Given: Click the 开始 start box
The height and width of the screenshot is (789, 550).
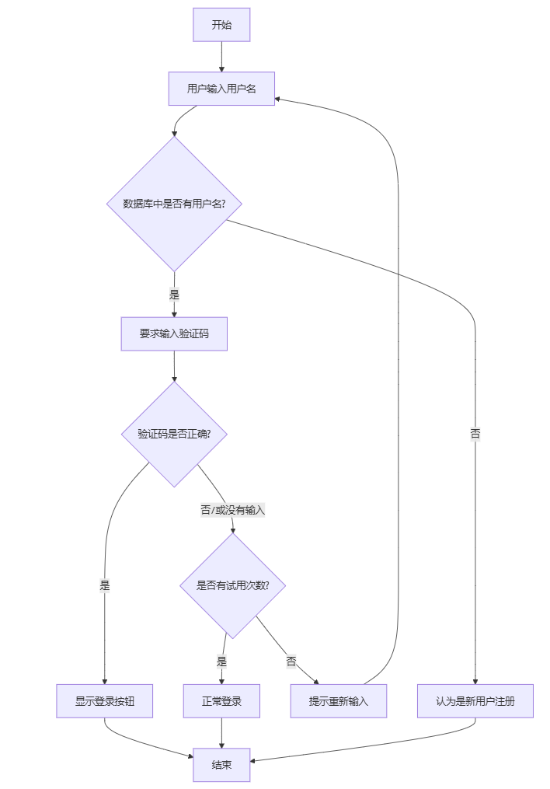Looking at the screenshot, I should point(221,25).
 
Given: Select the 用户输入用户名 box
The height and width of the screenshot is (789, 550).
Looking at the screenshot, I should point(221,89).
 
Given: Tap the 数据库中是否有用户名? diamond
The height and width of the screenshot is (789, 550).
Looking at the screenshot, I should point(174,204).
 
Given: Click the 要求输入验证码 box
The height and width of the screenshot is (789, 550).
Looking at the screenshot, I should point(174,333).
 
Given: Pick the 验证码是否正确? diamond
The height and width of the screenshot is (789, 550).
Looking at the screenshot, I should point(174,434).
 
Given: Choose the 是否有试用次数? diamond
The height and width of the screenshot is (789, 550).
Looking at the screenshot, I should point(232,585).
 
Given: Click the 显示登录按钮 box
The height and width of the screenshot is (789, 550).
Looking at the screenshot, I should point(104,701).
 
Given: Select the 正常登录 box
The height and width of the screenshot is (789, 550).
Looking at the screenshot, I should point(221,701).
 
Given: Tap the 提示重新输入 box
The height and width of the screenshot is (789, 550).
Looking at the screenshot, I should point(338,701).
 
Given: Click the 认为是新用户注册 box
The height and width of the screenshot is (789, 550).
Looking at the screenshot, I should point(475,701).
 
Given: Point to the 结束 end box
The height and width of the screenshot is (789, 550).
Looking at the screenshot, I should point(221,765).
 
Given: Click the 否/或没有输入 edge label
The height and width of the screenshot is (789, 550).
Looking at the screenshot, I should point(232,510).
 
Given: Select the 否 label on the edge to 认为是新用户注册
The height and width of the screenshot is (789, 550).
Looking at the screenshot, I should point(475,434).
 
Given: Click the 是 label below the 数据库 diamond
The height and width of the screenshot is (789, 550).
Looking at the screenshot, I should point(174,295).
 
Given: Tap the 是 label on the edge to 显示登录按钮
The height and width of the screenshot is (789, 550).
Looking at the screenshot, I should point(104,585).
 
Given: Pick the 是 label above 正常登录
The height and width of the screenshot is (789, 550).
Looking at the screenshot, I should point(221,662).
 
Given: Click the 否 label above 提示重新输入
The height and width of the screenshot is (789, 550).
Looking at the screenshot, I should point(291,662).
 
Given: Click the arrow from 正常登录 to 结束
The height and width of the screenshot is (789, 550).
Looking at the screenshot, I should point(221,733).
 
